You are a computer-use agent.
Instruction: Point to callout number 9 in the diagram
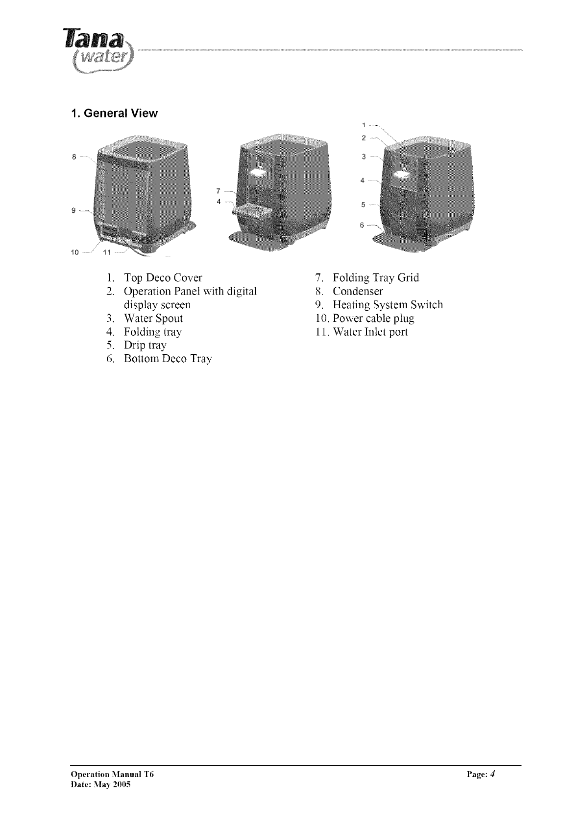click(x=73, y=211)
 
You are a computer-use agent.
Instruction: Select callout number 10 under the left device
click(x=74, y=252)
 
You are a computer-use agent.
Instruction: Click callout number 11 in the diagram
click(x=107, y=252)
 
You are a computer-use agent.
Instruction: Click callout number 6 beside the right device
click(x=362, y=225)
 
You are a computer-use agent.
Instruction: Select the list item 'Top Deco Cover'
click(x=163, y=278)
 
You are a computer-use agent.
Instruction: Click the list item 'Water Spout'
click(x=153, y=319)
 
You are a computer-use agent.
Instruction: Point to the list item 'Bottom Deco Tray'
click(x=168, y=359)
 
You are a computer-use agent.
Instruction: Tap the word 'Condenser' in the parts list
click(x=358, y=292)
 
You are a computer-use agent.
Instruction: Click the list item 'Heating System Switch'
click(x=388, y=305)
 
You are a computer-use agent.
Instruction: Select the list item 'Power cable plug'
click(x=373, y=319)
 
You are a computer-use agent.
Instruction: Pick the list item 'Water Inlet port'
click(x=370, y=332)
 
